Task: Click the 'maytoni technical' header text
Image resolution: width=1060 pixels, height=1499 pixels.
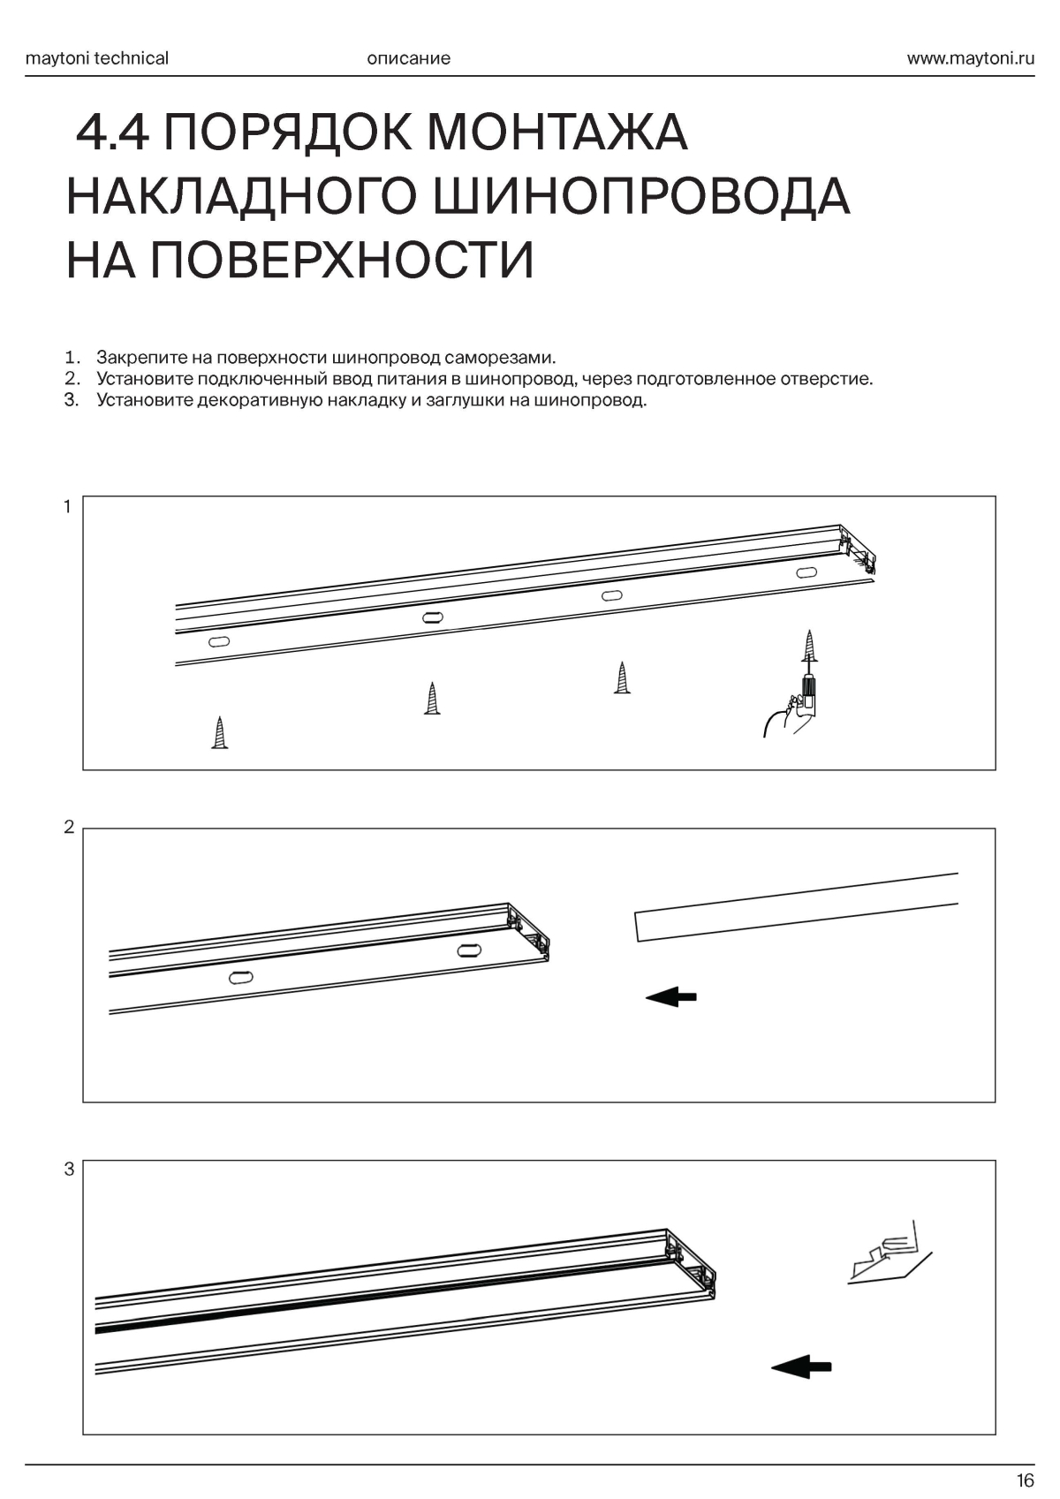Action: click(x=97, y=58)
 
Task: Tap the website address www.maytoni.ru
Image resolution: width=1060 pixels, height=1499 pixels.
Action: click(x=970, y=58)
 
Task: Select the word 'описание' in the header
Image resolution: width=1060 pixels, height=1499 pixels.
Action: click(x=408, y=58)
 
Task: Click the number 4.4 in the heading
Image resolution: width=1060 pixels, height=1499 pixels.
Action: click(x=114, y=132)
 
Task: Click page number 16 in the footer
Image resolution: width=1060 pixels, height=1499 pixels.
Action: click(x=1025, y=1480)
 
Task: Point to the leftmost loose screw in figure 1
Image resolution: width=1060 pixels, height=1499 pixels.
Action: click(x=220, y=733)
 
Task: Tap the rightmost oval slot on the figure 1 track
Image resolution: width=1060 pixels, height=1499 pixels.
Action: click(x=806, y=572)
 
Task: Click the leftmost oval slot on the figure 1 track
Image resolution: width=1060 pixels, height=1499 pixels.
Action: click(x=219, y=640)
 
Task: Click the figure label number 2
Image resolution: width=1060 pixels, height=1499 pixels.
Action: click(x=69, y=828)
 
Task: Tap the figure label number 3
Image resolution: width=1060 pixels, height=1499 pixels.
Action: click(x=69, y=1170)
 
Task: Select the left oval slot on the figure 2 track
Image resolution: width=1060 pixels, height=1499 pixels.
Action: click(x=240, y=977)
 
